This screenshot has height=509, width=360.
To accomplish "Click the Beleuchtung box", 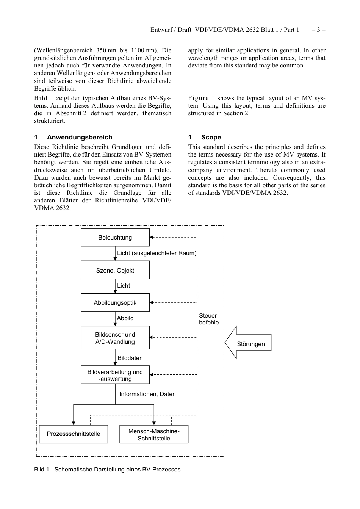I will pos(115,237).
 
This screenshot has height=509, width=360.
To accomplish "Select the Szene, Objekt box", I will pos(115,270).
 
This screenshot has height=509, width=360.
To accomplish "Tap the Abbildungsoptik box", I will pos(115,302).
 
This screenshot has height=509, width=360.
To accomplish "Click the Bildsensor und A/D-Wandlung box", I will pos(115,338).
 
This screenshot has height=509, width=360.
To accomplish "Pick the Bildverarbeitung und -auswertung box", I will pos(115,375).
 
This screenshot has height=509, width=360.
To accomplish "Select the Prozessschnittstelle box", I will pos(74,434).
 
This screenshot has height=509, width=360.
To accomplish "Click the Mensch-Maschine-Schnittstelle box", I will pos(154,434).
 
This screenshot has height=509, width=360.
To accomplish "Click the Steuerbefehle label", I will pos(209,319).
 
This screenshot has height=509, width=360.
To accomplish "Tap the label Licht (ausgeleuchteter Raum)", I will pos(157,253).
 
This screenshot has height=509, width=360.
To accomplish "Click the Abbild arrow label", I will pos(125,318).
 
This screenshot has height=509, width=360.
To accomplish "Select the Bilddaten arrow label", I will pos(130,358).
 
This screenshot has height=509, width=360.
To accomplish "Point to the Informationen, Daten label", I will pos(147,394).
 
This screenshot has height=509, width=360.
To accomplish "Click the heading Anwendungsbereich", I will pos(79,137).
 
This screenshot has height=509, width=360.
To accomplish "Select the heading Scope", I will pos(211,137).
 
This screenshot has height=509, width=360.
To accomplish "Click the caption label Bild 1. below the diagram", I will pos(42,469).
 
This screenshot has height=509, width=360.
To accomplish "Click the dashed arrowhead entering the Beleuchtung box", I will pos(152,237).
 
